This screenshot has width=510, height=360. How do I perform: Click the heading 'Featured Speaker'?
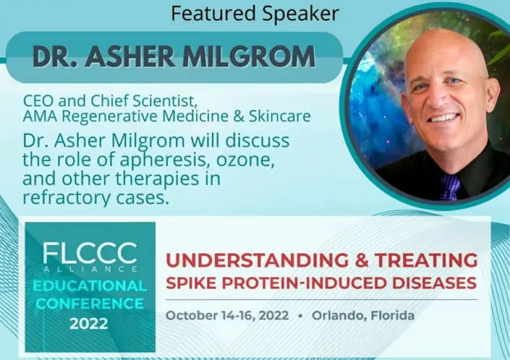tap(255, 13)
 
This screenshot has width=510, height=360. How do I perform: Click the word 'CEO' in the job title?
tap(38, 100)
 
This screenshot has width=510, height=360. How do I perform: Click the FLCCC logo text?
tap(90, 252)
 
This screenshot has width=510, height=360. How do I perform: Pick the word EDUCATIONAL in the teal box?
tap(90, 286)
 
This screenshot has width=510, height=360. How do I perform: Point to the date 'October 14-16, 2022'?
tap(227, 316)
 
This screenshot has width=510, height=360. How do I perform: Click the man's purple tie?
tap(449, 186)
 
